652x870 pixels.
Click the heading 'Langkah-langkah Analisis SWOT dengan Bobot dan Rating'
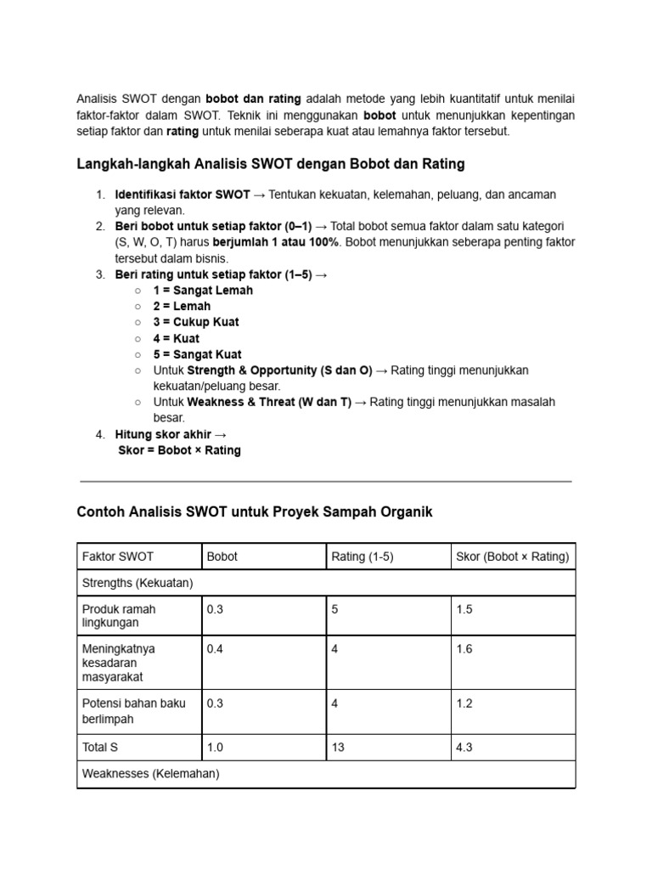(271, 163)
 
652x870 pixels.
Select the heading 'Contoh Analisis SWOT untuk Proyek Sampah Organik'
(255, 511)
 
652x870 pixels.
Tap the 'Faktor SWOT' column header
(117, 556)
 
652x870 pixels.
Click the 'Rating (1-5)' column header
(363, 556)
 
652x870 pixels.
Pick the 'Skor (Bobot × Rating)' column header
(513, 556)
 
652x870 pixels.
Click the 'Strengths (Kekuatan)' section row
(138, 583)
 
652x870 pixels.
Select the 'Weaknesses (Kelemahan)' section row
(150, 774)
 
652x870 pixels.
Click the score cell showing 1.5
(464, 609)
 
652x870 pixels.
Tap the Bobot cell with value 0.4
(216, 649)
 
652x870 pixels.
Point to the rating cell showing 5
(335, 609)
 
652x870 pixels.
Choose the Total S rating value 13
(339, 747)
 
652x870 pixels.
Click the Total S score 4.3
(464, 747)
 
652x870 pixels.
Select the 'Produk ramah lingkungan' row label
(119, 616)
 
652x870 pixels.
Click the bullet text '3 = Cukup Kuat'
(196, 322)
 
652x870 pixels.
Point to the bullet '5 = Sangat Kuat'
(197, 354)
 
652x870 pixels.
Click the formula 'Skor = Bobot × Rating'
(179, 450)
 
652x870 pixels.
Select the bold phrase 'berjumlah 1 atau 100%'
(275, 242)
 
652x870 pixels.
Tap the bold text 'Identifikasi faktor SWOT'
(183, 195)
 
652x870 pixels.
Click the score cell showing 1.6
(464, 649)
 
